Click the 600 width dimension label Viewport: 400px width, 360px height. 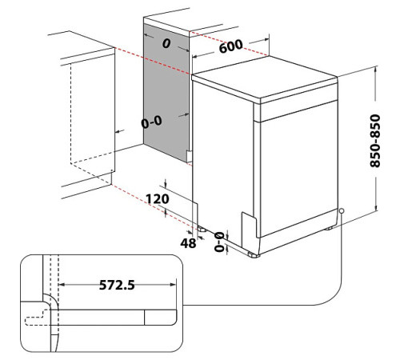(x=230, y=46)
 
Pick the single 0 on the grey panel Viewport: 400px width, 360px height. (x=166, y=45)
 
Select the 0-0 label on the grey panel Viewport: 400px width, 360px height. (x=152, y=123)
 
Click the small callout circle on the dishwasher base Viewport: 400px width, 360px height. (x=342, y=211)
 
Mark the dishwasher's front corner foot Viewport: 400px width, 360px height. (x=253, y=254)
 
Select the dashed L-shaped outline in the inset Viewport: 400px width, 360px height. (x=36, y=320)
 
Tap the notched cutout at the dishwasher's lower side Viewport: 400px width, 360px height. (x=248, y=218)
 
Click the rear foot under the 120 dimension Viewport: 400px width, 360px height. (x=202, y=228)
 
